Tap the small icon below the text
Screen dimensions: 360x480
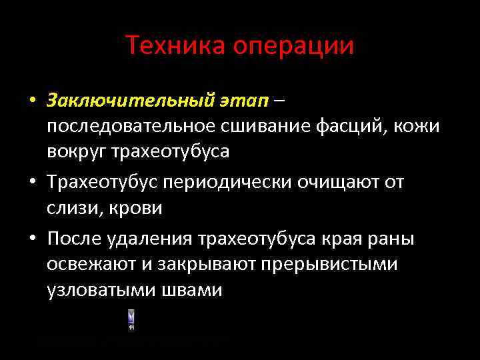131,320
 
